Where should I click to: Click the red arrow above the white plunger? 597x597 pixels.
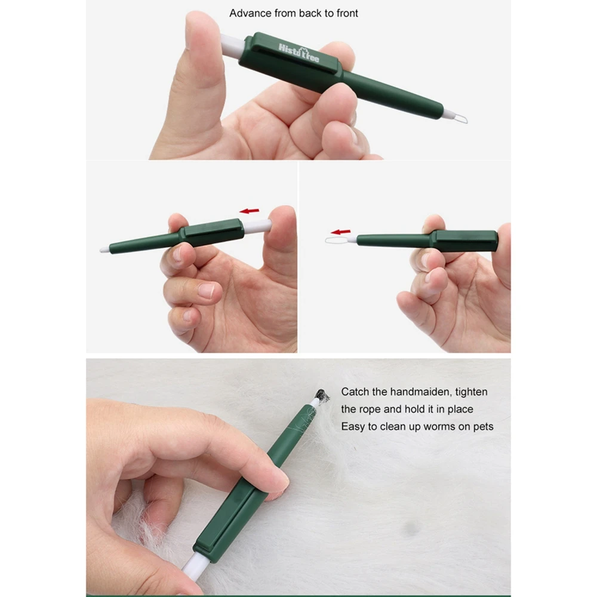click(x=250, y=211)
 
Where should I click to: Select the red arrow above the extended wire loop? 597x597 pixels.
click(x=340, y=232)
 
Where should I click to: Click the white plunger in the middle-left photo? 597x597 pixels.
click(x=257, y=226)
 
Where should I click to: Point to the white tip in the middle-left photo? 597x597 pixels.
click(x=104, y=250)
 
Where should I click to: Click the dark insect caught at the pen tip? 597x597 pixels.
click(x=322, y=396)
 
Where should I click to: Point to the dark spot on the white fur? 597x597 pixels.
click(x=411, y=528)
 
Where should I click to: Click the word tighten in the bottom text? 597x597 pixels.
click(x=472, y=392)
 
